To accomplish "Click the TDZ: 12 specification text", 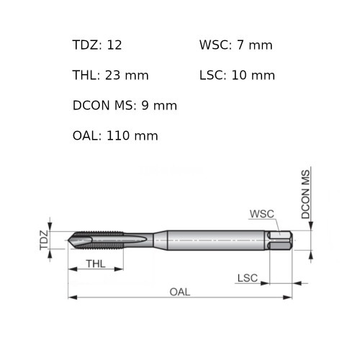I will coord(97,45).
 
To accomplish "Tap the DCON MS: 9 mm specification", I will coord(125,105).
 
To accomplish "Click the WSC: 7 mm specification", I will coord(236,45).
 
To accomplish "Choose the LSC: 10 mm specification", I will coord(237,75).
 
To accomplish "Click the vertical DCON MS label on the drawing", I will coord(305,194).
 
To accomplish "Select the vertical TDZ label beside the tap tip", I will coord(44,240).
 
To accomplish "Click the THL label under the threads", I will coord(96,264).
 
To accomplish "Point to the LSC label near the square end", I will coord(247,277).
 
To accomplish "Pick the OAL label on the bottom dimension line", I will coord(180,291).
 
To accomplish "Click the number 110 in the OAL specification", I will coord(118,135).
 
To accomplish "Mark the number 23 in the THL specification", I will coord(114,75).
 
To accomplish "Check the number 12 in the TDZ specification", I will coord(114,45).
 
